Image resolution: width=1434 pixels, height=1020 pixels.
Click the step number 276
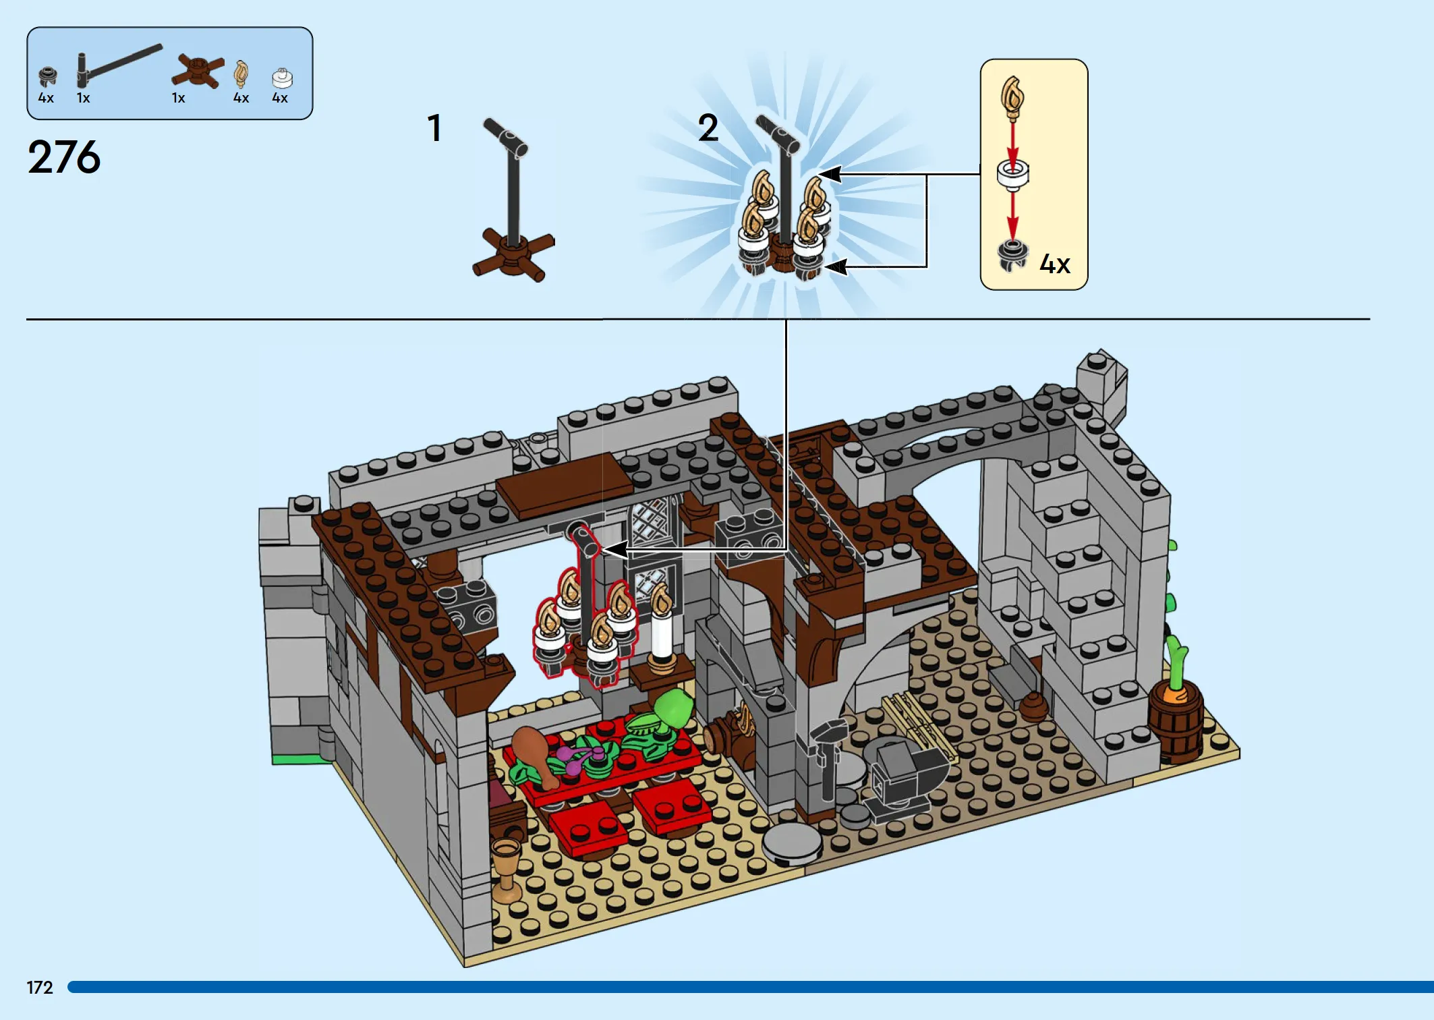tap(64, 157)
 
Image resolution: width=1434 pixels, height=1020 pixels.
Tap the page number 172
tap(40, 988)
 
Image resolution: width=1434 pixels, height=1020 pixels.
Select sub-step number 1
tap(435, 128)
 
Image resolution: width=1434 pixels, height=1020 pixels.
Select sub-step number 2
tap(708, 128)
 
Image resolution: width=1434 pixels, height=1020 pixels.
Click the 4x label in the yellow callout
tap(1055, 264)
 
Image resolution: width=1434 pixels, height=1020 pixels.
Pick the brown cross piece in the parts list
tap(197, 72)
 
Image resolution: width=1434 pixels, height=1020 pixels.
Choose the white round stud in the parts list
tap(282, 78)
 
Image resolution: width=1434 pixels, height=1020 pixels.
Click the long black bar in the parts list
tap(119, 65)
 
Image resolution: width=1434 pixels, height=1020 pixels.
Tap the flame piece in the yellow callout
tap(1012, 97)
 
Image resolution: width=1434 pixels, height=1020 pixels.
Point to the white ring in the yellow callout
tap(1012, 174)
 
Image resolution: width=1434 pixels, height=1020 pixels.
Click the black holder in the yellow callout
tap(1012, 255)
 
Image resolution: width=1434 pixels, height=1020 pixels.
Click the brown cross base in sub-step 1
tap(514, 256)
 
